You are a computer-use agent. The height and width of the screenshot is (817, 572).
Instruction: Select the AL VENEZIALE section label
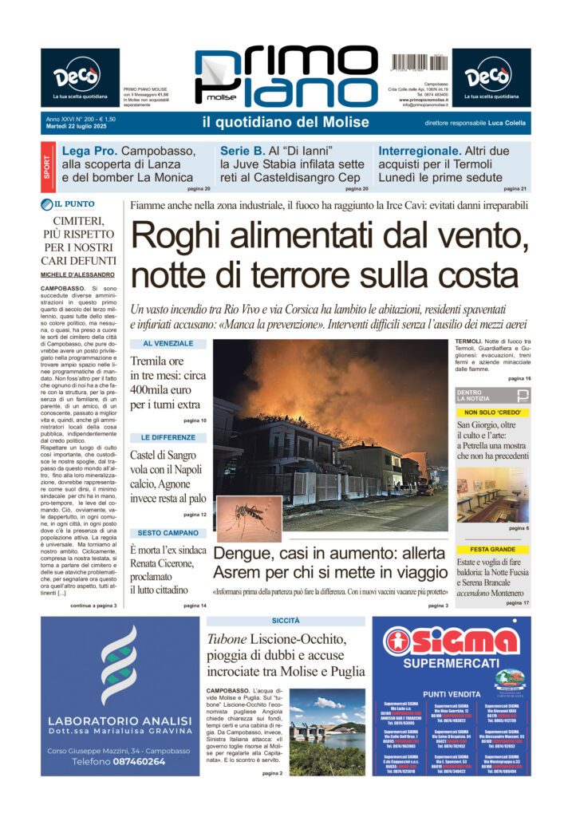pyautogui.click(x=168, y=343)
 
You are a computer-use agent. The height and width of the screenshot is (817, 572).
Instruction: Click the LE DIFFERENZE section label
pyautogui.click(x=168, y=438)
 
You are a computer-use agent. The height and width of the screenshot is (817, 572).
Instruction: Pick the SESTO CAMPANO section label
pyautogui.click(x=168, y=532)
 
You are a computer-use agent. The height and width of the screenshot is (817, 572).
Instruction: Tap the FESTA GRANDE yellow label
pyautogui.click(x=492, y=550)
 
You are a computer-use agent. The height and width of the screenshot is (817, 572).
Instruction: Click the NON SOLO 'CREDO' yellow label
pyautogui.click(x=492, y=412)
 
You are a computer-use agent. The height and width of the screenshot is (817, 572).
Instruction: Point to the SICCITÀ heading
pyautogui.click(x=285, y=620)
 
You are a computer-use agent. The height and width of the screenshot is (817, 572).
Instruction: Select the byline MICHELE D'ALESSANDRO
pyautogui.click(x=79, y=274)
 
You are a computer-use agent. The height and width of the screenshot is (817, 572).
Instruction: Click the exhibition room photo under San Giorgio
pyautogui.click(x=492, y=495)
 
